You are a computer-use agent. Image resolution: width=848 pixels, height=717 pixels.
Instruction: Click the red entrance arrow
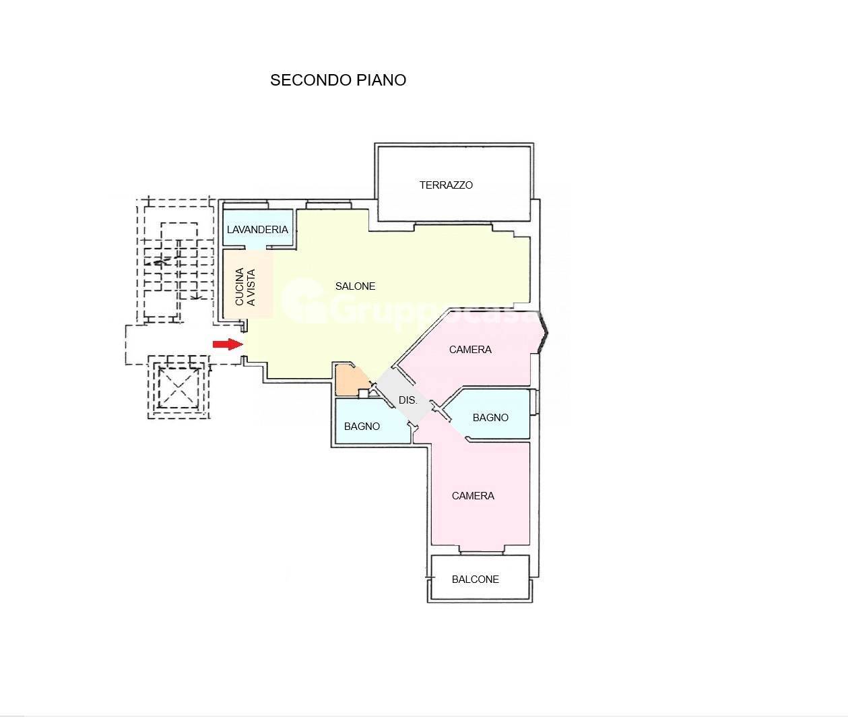228,344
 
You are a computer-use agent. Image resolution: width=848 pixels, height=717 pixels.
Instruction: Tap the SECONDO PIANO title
338,80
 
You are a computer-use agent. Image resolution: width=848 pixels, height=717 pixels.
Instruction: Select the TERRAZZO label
446,185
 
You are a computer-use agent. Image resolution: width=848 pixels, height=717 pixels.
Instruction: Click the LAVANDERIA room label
257,230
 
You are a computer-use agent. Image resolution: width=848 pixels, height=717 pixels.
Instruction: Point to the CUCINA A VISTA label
245,286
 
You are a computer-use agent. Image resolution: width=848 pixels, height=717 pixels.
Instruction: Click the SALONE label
356,286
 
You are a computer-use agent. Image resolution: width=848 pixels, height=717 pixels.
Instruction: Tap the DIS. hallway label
407,400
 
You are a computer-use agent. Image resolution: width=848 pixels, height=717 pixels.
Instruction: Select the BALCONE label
475,580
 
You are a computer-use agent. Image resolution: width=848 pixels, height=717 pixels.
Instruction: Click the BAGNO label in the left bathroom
362,427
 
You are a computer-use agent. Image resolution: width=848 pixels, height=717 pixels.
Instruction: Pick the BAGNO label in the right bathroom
490,417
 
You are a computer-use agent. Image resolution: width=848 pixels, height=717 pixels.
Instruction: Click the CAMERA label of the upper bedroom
470,350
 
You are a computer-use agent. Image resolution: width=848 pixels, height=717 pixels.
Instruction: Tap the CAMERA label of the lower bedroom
473,496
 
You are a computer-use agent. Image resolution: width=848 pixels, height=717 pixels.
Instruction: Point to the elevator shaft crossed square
178,387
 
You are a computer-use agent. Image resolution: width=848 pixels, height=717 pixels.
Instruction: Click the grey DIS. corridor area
404,396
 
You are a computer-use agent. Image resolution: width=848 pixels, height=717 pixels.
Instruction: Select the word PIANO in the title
381,80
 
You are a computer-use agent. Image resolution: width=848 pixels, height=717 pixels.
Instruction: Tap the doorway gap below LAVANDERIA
256,247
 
